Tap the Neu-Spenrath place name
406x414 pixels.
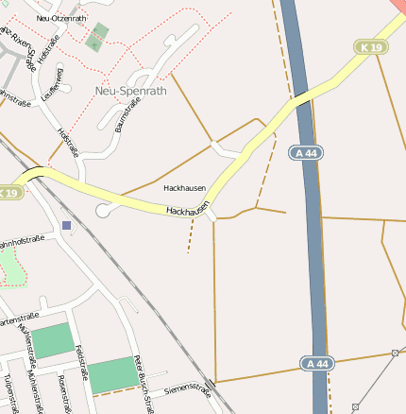(x=130, y=91)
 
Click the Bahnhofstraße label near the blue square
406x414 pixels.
(x=21, y=247)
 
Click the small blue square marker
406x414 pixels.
(x=65, y=225)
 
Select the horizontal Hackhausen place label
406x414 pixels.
(x=184, y=188)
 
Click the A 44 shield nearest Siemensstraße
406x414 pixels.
(x=318, y=363)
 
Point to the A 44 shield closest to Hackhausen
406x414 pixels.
(x=305, y=152)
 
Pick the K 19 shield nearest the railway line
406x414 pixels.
(x=8, y=193)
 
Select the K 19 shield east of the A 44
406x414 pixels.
(x=371, y=46)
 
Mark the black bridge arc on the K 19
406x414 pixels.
(x=34, y=172)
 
